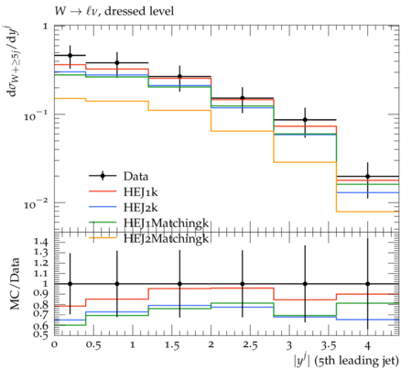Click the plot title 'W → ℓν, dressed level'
pos(114,11)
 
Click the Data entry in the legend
pos(136,176)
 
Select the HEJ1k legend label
pos(140,191)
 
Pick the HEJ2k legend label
pos(140,207)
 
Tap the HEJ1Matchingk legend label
pos(166,223)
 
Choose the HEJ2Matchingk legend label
pos(166,238)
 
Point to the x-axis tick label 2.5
pos(250,345)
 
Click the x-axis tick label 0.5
pos(93,345)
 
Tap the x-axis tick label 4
pos(367,345)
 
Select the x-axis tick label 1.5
pos(171,345)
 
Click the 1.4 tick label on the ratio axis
pos(41,243)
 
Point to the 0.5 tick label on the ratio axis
pos(41,334)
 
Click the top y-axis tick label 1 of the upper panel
pos(46,27)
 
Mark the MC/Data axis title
pos(15,284)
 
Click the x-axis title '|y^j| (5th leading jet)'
pos(346,361)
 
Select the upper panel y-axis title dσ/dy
pos(13,61)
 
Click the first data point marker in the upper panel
pos(70,55)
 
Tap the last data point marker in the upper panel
pos(367,176)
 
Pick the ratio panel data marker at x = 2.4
pos(243,284)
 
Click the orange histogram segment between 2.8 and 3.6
pos(305,162)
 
